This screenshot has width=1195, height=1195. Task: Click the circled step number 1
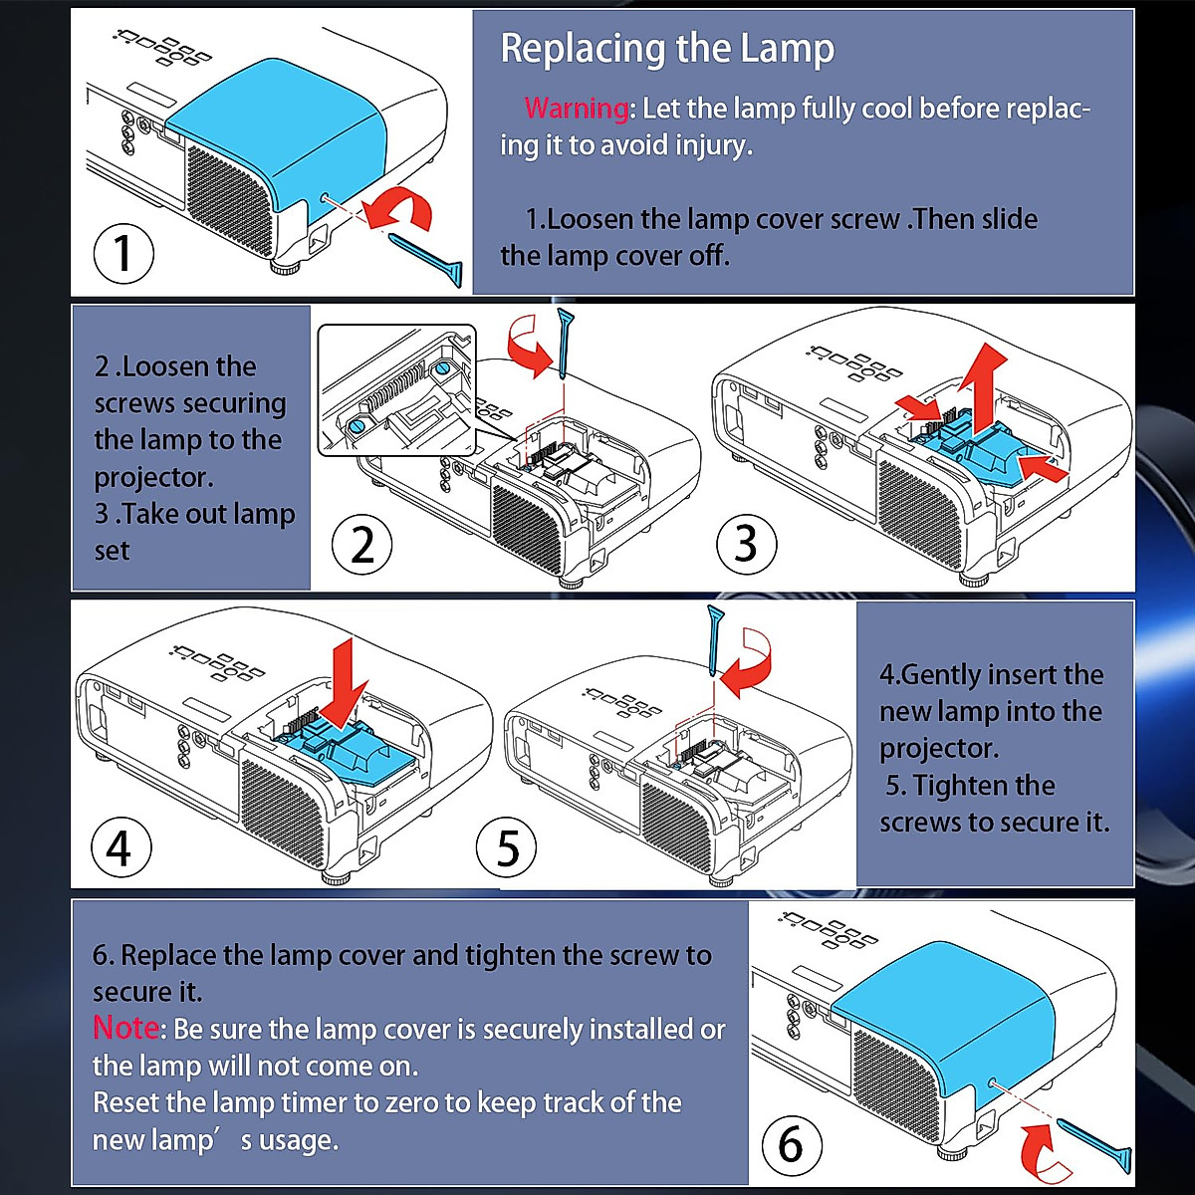click(123, 252)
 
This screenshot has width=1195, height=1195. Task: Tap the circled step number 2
click(362, 545)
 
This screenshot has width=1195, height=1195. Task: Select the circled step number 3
click(746, 544)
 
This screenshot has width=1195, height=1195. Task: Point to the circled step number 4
click(119, 848)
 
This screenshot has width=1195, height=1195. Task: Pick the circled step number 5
click(507, 848)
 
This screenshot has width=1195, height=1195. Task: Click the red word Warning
click(577, 108)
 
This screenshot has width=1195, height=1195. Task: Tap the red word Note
click(125, 1028)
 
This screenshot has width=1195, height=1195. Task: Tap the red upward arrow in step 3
click(985, 382)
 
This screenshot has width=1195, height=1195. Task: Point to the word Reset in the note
click(125, 1102)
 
